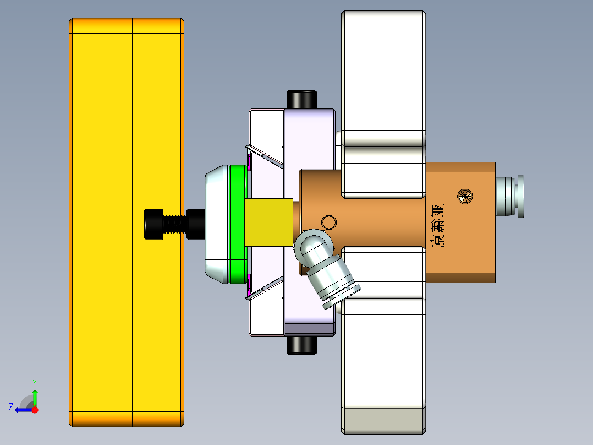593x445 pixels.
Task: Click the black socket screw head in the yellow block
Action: point(153,224)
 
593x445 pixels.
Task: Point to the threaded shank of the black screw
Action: point(175,224)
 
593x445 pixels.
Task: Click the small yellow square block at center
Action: point(268,222)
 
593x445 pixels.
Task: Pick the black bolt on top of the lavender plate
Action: point(301,99)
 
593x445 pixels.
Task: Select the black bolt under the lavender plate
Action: point(301,345)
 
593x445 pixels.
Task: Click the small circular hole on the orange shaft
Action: point(329,222)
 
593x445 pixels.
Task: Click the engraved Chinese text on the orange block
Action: point(438,225)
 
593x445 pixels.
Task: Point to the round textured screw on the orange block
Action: point(465,196)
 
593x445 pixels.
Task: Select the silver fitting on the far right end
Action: point(509,196)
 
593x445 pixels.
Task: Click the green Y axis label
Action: point(34,382)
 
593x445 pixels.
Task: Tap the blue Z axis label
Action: point(10,407)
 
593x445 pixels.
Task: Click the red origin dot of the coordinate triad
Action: point(35,410)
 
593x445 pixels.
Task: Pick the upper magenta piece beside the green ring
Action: point(249,162)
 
